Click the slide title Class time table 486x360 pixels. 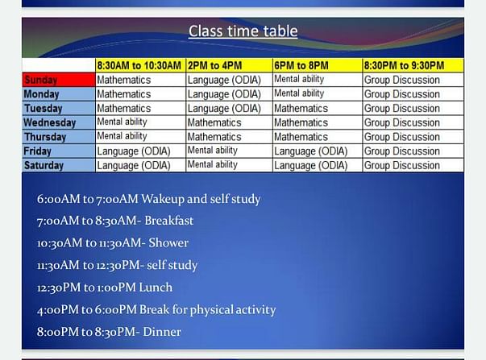243,31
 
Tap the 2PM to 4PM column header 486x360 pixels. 230,65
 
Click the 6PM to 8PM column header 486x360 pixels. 318,65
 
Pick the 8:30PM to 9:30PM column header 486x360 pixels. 413,65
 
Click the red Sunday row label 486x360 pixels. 59,80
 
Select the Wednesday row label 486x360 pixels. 59,122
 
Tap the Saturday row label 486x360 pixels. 59,165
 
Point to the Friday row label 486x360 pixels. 59,151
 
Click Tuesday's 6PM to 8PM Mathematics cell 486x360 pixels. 318,109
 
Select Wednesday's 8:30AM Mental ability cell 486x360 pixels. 141,122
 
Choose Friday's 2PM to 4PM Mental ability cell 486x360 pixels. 230,151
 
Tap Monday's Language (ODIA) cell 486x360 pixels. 230,94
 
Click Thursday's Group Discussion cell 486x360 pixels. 413,137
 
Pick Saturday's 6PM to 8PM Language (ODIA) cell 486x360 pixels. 318,165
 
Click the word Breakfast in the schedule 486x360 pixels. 169,221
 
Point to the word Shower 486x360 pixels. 168,242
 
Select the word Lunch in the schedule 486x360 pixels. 156,288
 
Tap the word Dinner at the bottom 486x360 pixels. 162,332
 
